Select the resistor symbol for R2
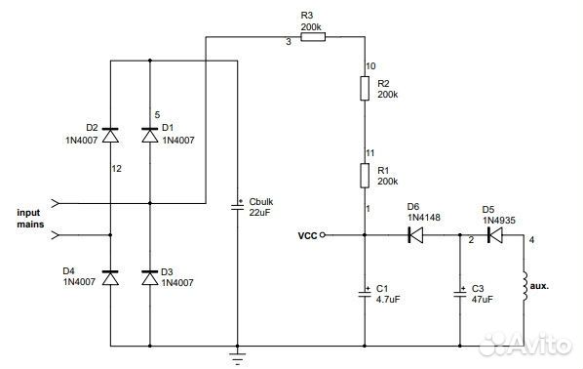[x=364, y=90]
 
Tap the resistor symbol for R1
[x=364, y=176]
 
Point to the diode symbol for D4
[x=109, y=278]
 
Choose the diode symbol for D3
[x=149, y=278]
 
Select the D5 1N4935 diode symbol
[x=493, y=234]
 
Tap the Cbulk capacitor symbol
[x=236, y=207]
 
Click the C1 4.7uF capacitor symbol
[x=364, y=291]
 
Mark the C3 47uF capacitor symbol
[x=459, y=291]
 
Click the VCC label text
[x=307, y=235]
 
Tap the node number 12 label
[x=117, y=168]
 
